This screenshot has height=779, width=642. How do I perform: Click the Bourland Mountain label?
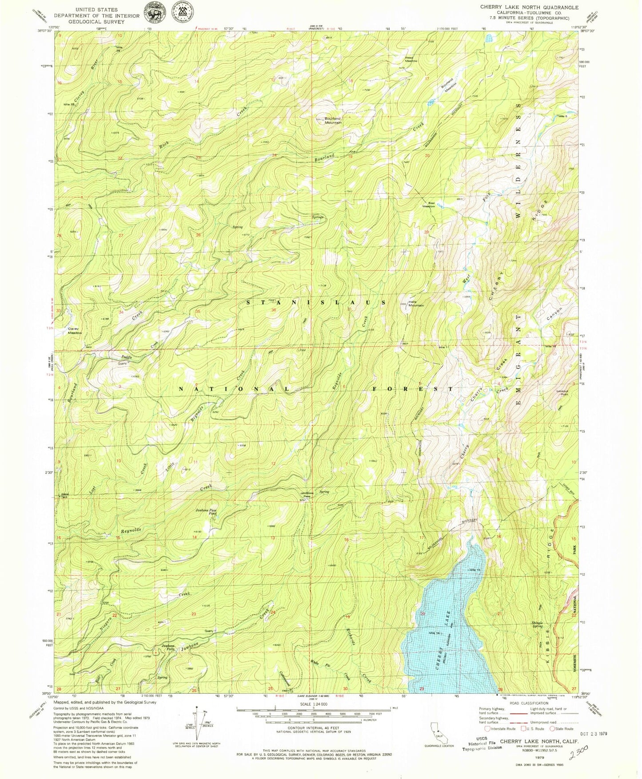(x=333, y=120)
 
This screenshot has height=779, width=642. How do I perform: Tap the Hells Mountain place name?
(x=416, y=304)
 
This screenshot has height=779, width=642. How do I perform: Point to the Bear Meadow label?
(x=428, y=205)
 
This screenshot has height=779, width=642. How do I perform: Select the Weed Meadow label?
(x=411, y=59)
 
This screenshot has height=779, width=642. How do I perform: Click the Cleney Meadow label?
(x=75, y=331)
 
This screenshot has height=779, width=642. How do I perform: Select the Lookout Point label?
(x=562, y=392)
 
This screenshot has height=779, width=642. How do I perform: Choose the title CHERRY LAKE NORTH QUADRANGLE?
(x=529, y=8)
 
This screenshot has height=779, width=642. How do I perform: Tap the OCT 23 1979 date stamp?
(x=591, y=733)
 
